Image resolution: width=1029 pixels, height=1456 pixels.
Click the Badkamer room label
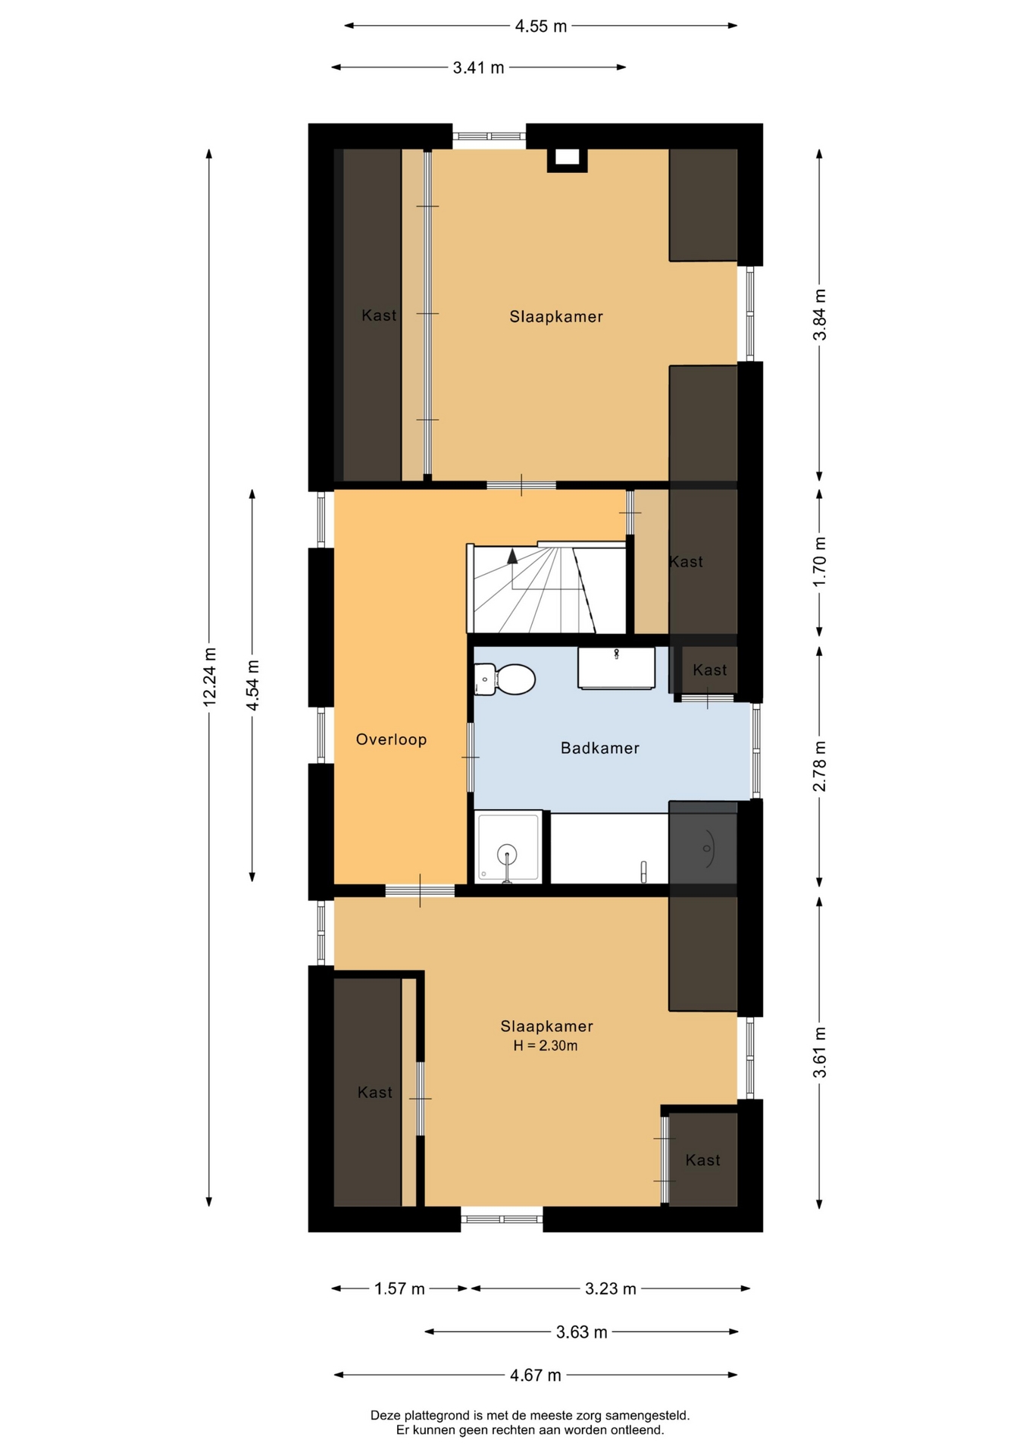599,748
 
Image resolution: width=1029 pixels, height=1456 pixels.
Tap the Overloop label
391,739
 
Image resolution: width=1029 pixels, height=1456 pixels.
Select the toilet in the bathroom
505,679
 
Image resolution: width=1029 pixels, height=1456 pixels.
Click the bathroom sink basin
616,667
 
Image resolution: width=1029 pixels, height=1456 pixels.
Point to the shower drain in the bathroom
507,855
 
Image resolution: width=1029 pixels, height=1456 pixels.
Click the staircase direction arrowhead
512,556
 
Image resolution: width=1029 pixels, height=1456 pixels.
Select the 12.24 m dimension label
210,677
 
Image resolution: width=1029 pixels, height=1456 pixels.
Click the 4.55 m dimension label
541,27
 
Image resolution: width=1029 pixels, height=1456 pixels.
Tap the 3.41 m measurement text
478,67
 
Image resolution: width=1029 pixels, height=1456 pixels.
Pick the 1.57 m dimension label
399,1288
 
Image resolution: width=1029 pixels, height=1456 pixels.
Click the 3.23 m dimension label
611,1288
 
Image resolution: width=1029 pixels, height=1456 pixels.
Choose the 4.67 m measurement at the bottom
535,1375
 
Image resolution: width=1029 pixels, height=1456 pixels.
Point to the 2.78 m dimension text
820,766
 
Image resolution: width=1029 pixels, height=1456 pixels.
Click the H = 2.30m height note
546,1046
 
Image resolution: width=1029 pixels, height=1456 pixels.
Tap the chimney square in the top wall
567,158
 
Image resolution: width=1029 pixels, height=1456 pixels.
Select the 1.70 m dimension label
820,561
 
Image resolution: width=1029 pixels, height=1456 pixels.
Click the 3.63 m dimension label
582,1332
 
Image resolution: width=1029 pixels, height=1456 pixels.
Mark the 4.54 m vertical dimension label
253,685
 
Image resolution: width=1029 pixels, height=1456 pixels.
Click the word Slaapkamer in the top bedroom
556,317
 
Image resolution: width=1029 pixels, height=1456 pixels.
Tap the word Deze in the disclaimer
385,1415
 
